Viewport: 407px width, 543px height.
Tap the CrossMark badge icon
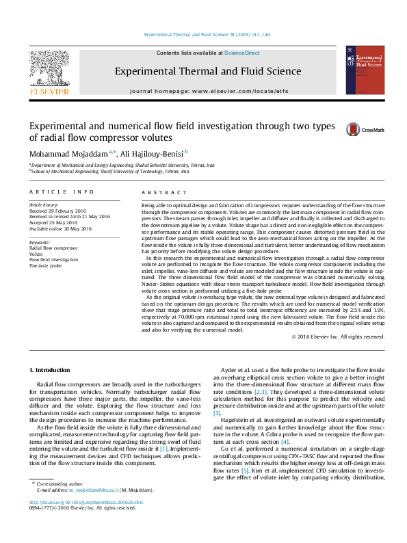pos(354,129)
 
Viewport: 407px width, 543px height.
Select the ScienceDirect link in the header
pos(242,53)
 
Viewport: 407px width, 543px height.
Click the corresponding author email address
pos(96,509)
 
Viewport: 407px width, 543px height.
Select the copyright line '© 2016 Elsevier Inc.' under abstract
pos(338,336)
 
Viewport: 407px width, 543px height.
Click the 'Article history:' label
pos(43,205)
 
